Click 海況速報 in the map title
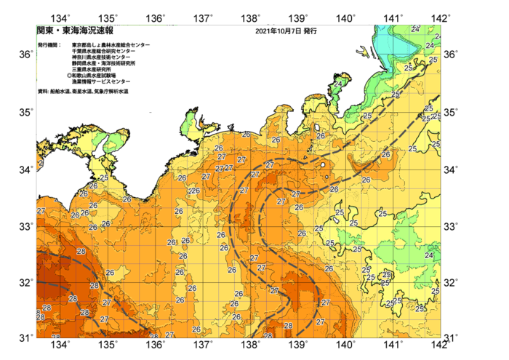(x=90, y=32)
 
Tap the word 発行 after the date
(x=310, y=32)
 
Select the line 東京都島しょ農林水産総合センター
(x=111, y=45)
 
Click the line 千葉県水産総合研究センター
(x=108, y=52)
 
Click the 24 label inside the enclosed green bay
(x=337, y=84)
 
